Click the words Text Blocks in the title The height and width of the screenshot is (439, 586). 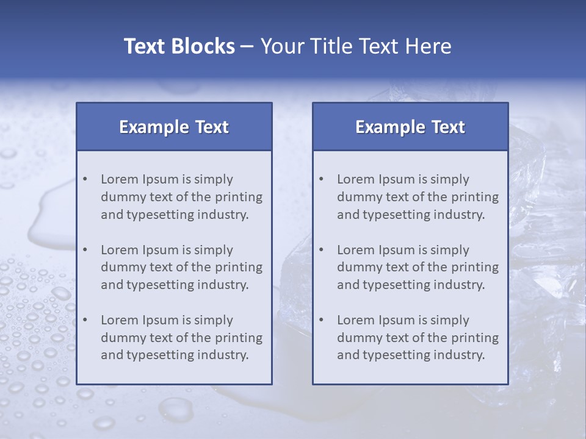179,46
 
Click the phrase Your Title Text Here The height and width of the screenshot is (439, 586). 356,46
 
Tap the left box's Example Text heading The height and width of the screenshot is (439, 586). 174,127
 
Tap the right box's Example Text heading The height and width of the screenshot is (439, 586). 410,127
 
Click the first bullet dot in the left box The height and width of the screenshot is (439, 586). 85,179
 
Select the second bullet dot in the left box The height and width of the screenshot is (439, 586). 85,250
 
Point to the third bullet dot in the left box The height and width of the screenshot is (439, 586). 85,320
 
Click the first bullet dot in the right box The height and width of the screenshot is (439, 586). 322,179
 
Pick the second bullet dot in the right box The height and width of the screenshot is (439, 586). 322,250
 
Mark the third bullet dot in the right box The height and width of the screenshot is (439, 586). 322,320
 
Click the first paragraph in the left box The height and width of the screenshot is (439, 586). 181,197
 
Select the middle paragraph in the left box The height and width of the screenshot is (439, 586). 181,267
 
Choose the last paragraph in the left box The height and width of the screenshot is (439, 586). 181,338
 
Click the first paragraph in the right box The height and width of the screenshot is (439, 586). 418,197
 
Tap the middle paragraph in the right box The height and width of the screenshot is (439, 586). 418,267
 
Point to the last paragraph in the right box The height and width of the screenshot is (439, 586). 418,338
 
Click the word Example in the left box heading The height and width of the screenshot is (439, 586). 154,127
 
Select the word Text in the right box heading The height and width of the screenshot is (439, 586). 448,127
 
